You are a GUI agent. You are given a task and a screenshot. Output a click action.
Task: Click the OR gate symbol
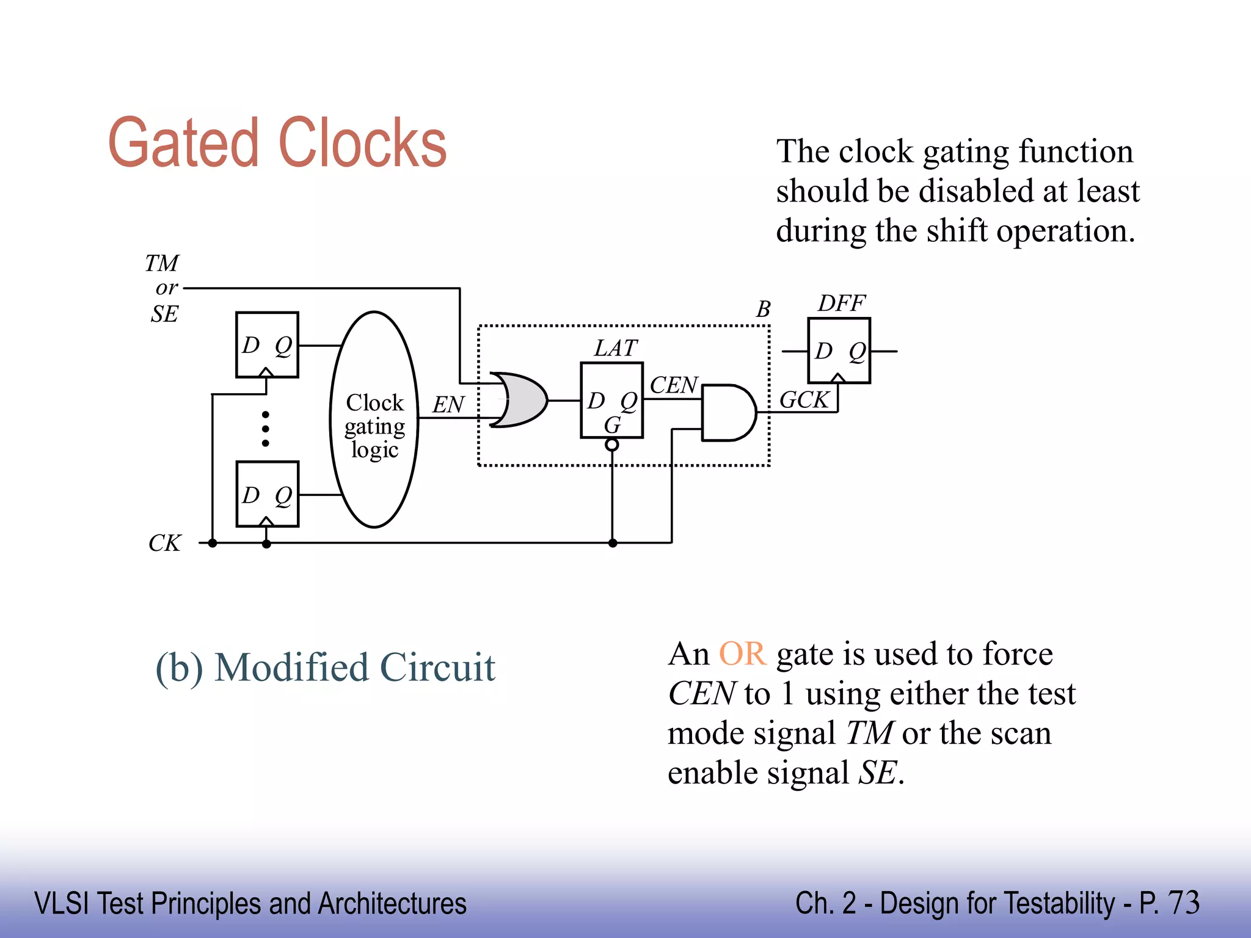(x=519, y=400)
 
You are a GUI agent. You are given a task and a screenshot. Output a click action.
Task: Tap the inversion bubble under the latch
(x=611, y=445)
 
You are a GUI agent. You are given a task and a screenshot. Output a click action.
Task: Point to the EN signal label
(x=448, y=404)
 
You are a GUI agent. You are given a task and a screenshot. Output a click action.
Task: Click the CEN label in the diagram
(x=673, y=385)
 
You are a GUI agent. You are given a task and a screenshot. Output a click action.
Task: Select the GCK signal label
(x=804, y=400)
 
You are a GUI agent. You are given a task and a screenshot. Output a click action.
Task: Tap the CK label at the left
(x=164, y=543)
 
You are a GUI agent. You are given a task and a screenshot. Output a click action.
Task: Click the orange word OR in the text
(x=742, y=653)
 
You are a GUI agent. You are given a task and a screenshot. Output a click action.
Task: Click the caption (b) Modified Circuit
(x=325, y=667)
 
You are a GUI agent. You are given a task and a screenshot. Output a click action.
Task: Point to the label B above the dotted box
(x=763, y=309)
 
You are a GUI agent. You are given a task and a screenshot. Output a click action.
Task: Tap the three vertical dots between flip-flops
(x=265, y=429)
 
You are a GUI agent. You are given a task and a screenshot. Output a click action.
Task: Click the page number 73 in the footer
(x=1183, y=903)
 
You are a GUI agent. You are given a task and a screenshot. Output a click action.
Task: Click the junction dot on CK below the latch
(x=613, y=543)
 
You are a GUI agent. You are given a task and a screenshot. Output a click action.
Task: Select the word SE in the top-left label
(x=164, y=314)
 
